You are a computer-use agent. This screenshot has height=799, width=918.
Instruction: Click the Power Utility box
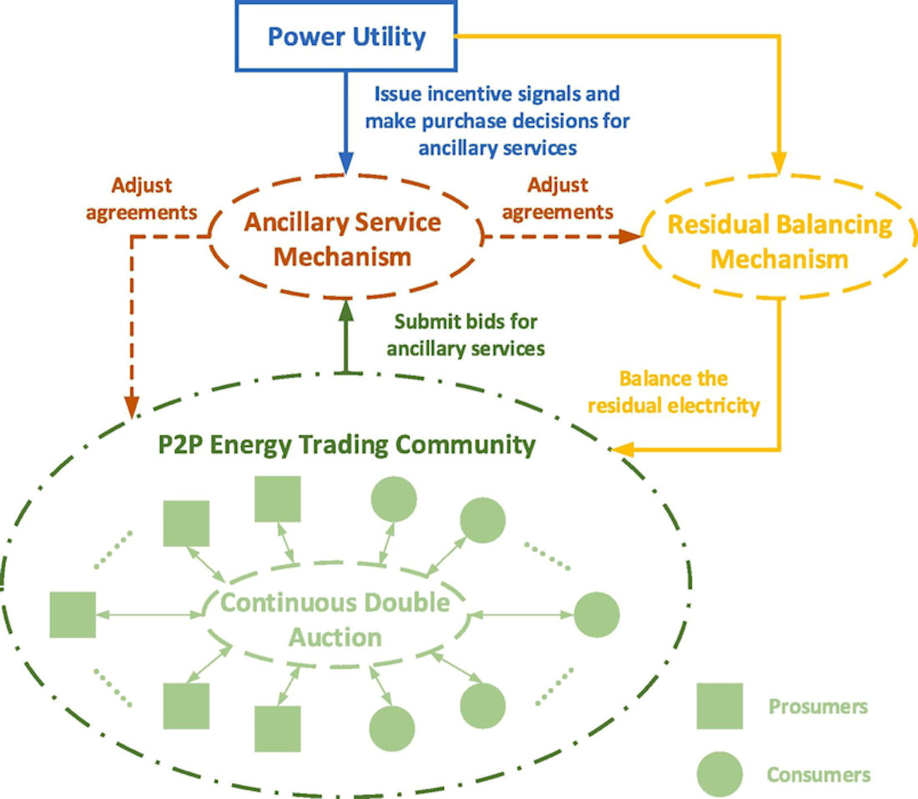point(346,37)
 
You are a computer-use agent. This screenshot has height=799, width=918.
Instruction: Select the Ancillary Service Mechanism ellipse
point(343,239)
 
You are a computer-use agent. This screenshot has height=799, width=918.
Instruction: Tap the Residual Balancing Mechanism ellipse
point(779,242)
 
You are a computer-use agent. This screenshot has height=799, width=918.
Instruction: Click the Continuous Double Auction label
point(335,620)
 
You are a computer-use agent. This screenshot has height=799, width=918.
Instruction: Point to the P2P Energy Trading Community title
point(346,445)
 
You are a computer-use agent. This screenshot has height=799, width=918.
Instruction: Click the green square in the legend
point(719,706)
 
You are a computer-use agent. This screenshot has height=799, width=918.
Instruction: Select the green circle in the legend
point(719,774)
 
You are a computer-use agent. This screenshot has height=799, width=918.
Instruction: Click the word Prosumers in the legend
point(818,707)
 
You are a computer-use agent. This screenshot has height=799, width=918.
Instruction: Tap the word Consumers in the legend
point(819,775)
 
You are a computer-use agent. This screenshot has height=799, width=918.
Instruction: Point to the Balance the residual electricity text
point(674,392)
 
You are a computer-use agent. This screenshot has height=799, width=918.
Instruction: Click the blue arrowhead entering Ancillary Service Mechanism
point(346,166)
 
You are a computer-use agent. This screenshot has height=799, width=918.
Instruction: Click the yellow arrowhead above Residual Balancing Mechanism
point(779,166)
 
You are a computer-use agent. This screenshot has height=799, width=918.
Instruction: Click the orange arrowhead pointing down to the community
point(132,406)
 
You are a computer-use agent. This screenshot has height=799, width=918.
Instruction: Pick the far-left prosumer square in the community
point(73,615)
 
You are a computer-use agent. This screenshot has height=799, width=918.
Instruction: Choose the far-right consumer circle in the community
point(597,615)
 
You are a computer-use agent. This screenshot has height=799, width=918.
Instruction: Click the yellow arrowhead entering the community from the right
point(619,450)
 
